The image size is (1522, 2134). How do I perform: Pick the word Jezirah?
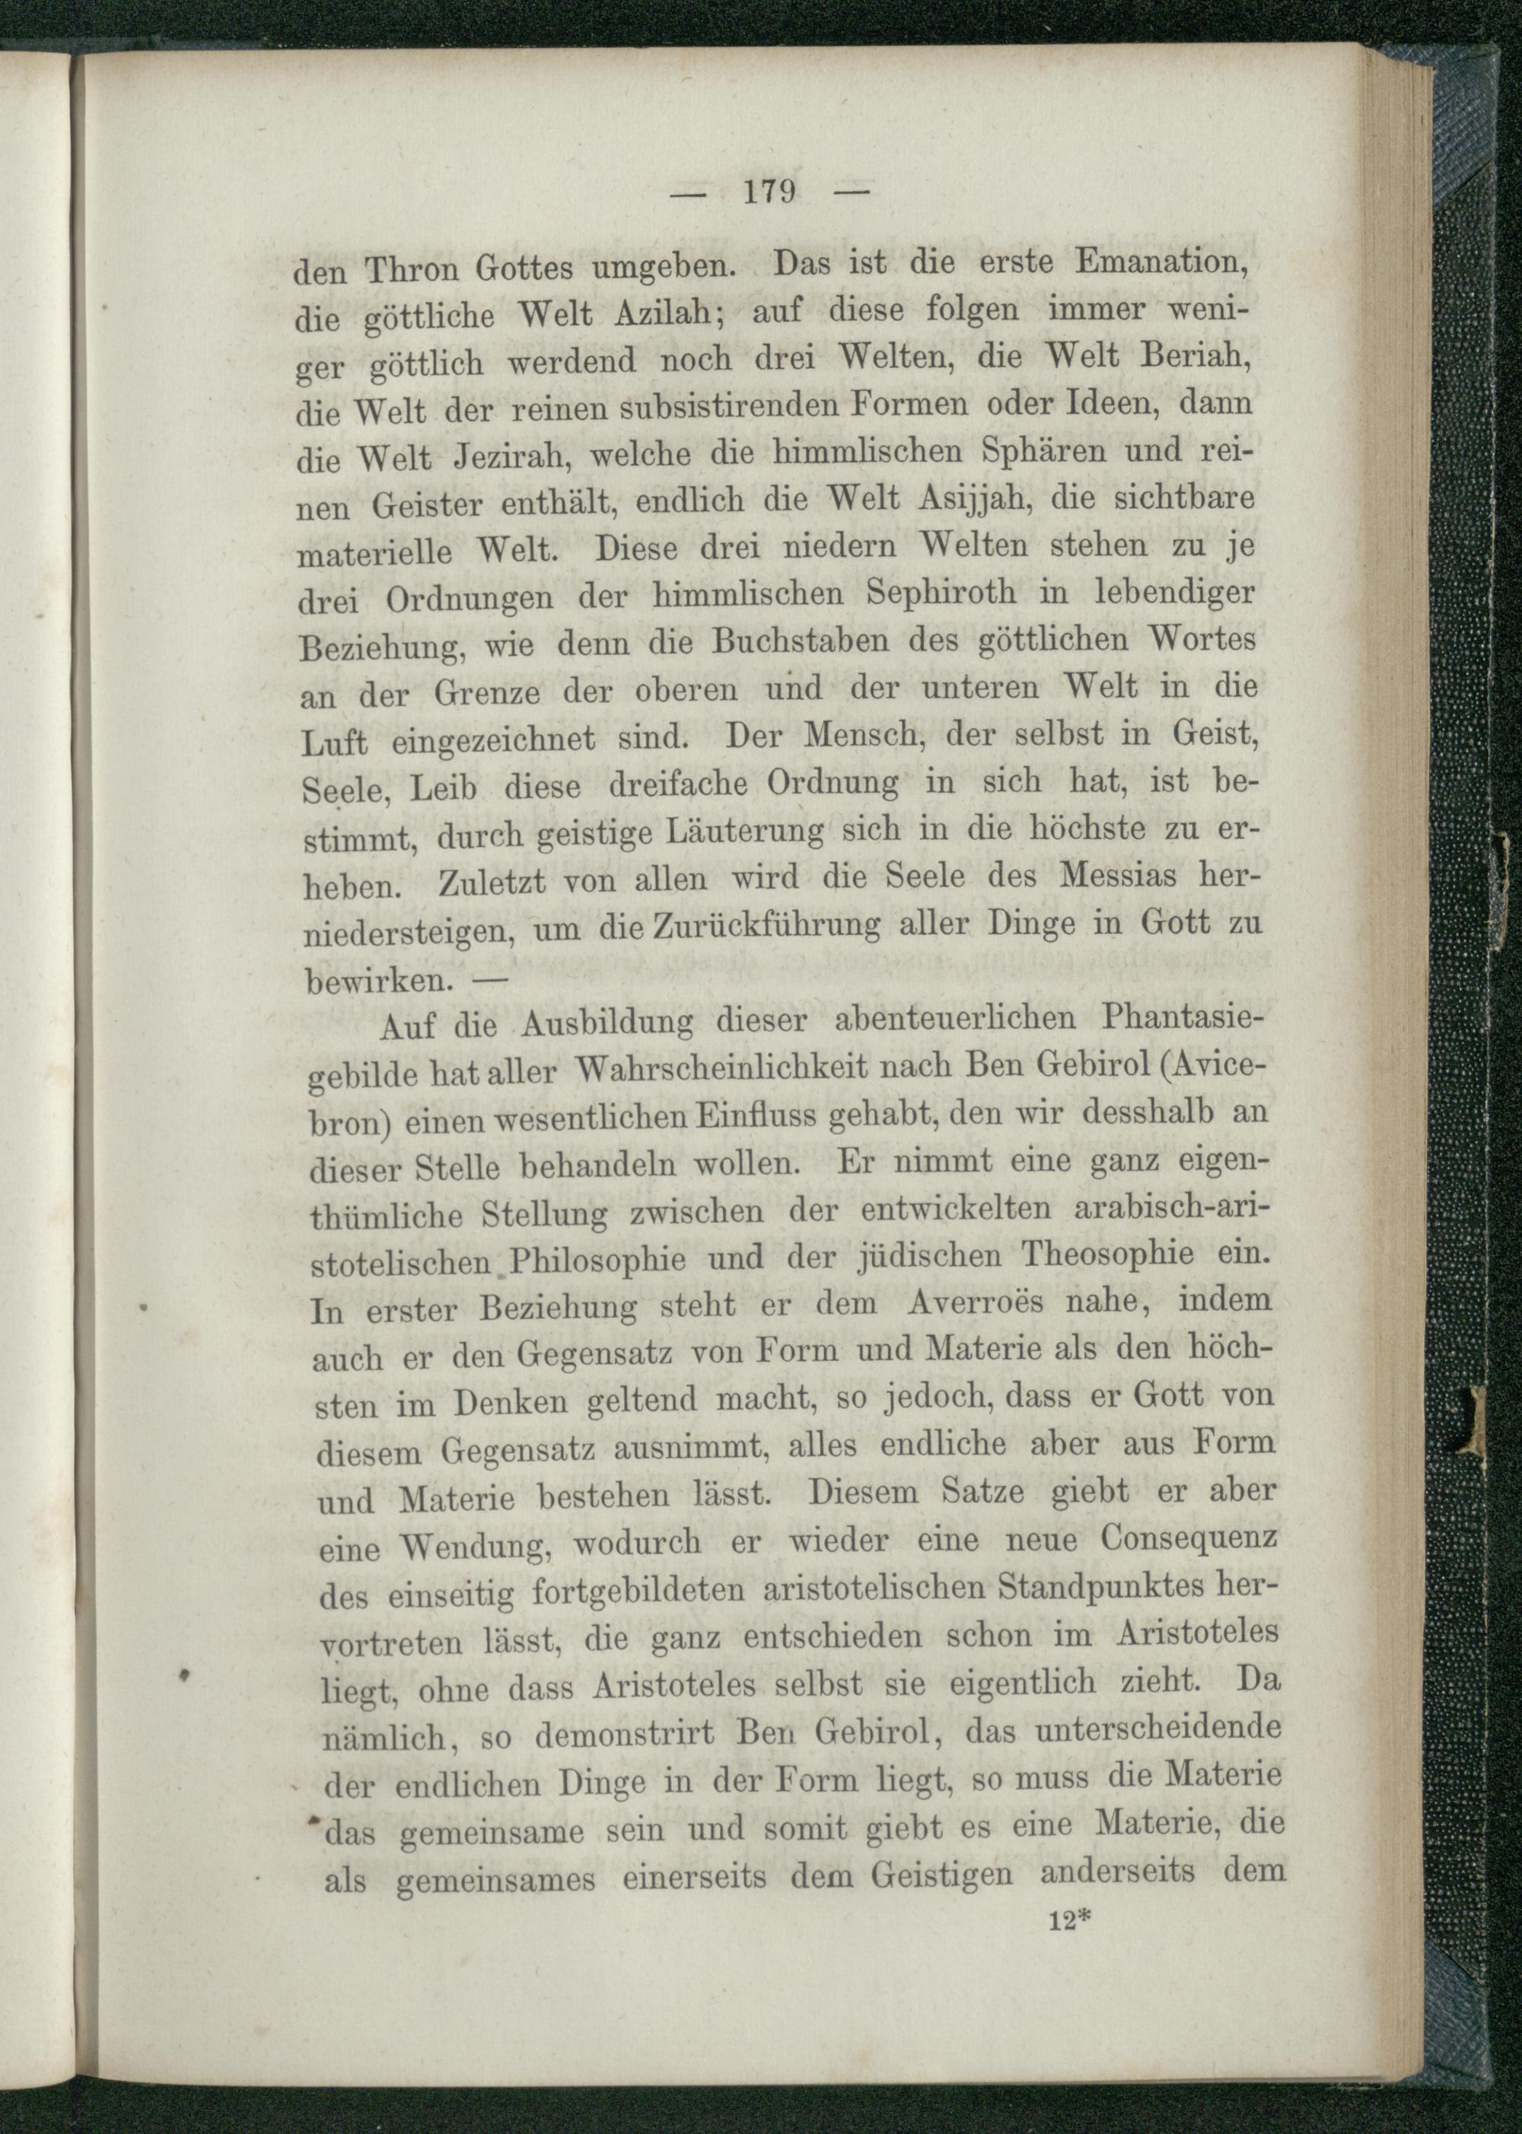510,456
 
